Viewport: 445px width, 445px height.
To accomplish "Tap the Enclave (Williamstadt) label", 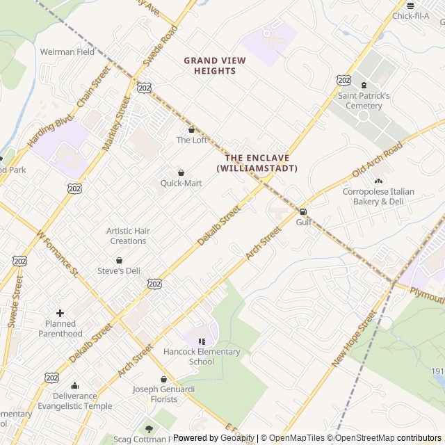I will coord(257,163).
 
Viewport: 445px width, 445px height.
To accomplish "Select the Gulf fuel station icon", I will coord(302,211).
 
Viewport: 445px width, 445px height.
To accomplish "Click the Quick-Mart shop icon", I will coord(181,172).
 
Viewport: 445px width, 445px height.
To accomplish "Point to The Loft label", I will coord(191,140).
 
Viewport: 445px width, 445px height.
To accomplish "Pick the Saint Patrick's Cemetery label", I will coord(364,101).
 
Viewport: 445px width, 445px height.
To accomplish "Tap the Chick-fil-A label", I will coord(410,16).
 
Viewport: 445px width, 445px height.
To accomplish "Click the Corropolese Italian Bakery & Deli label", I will coord(378,196).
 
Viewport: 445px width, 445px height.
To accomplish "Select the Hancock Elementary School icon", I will coord(202,341).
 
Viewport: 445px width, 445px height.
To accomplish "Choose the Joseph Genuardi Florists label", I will coord(164,394).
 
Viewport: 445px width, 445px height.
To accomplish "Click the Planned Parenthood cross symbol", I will coord(60,314).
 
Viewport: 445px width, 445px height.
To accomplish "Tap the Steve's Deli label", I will coord(118,270).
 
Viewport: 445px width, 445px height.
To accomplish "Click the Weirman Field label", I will coord(67,51).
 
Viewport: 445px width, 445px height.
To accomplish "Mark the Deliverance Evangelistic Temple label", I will coord(74,401).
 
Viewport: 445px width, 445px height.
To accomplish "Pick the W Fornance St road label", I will coord(58,253).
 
